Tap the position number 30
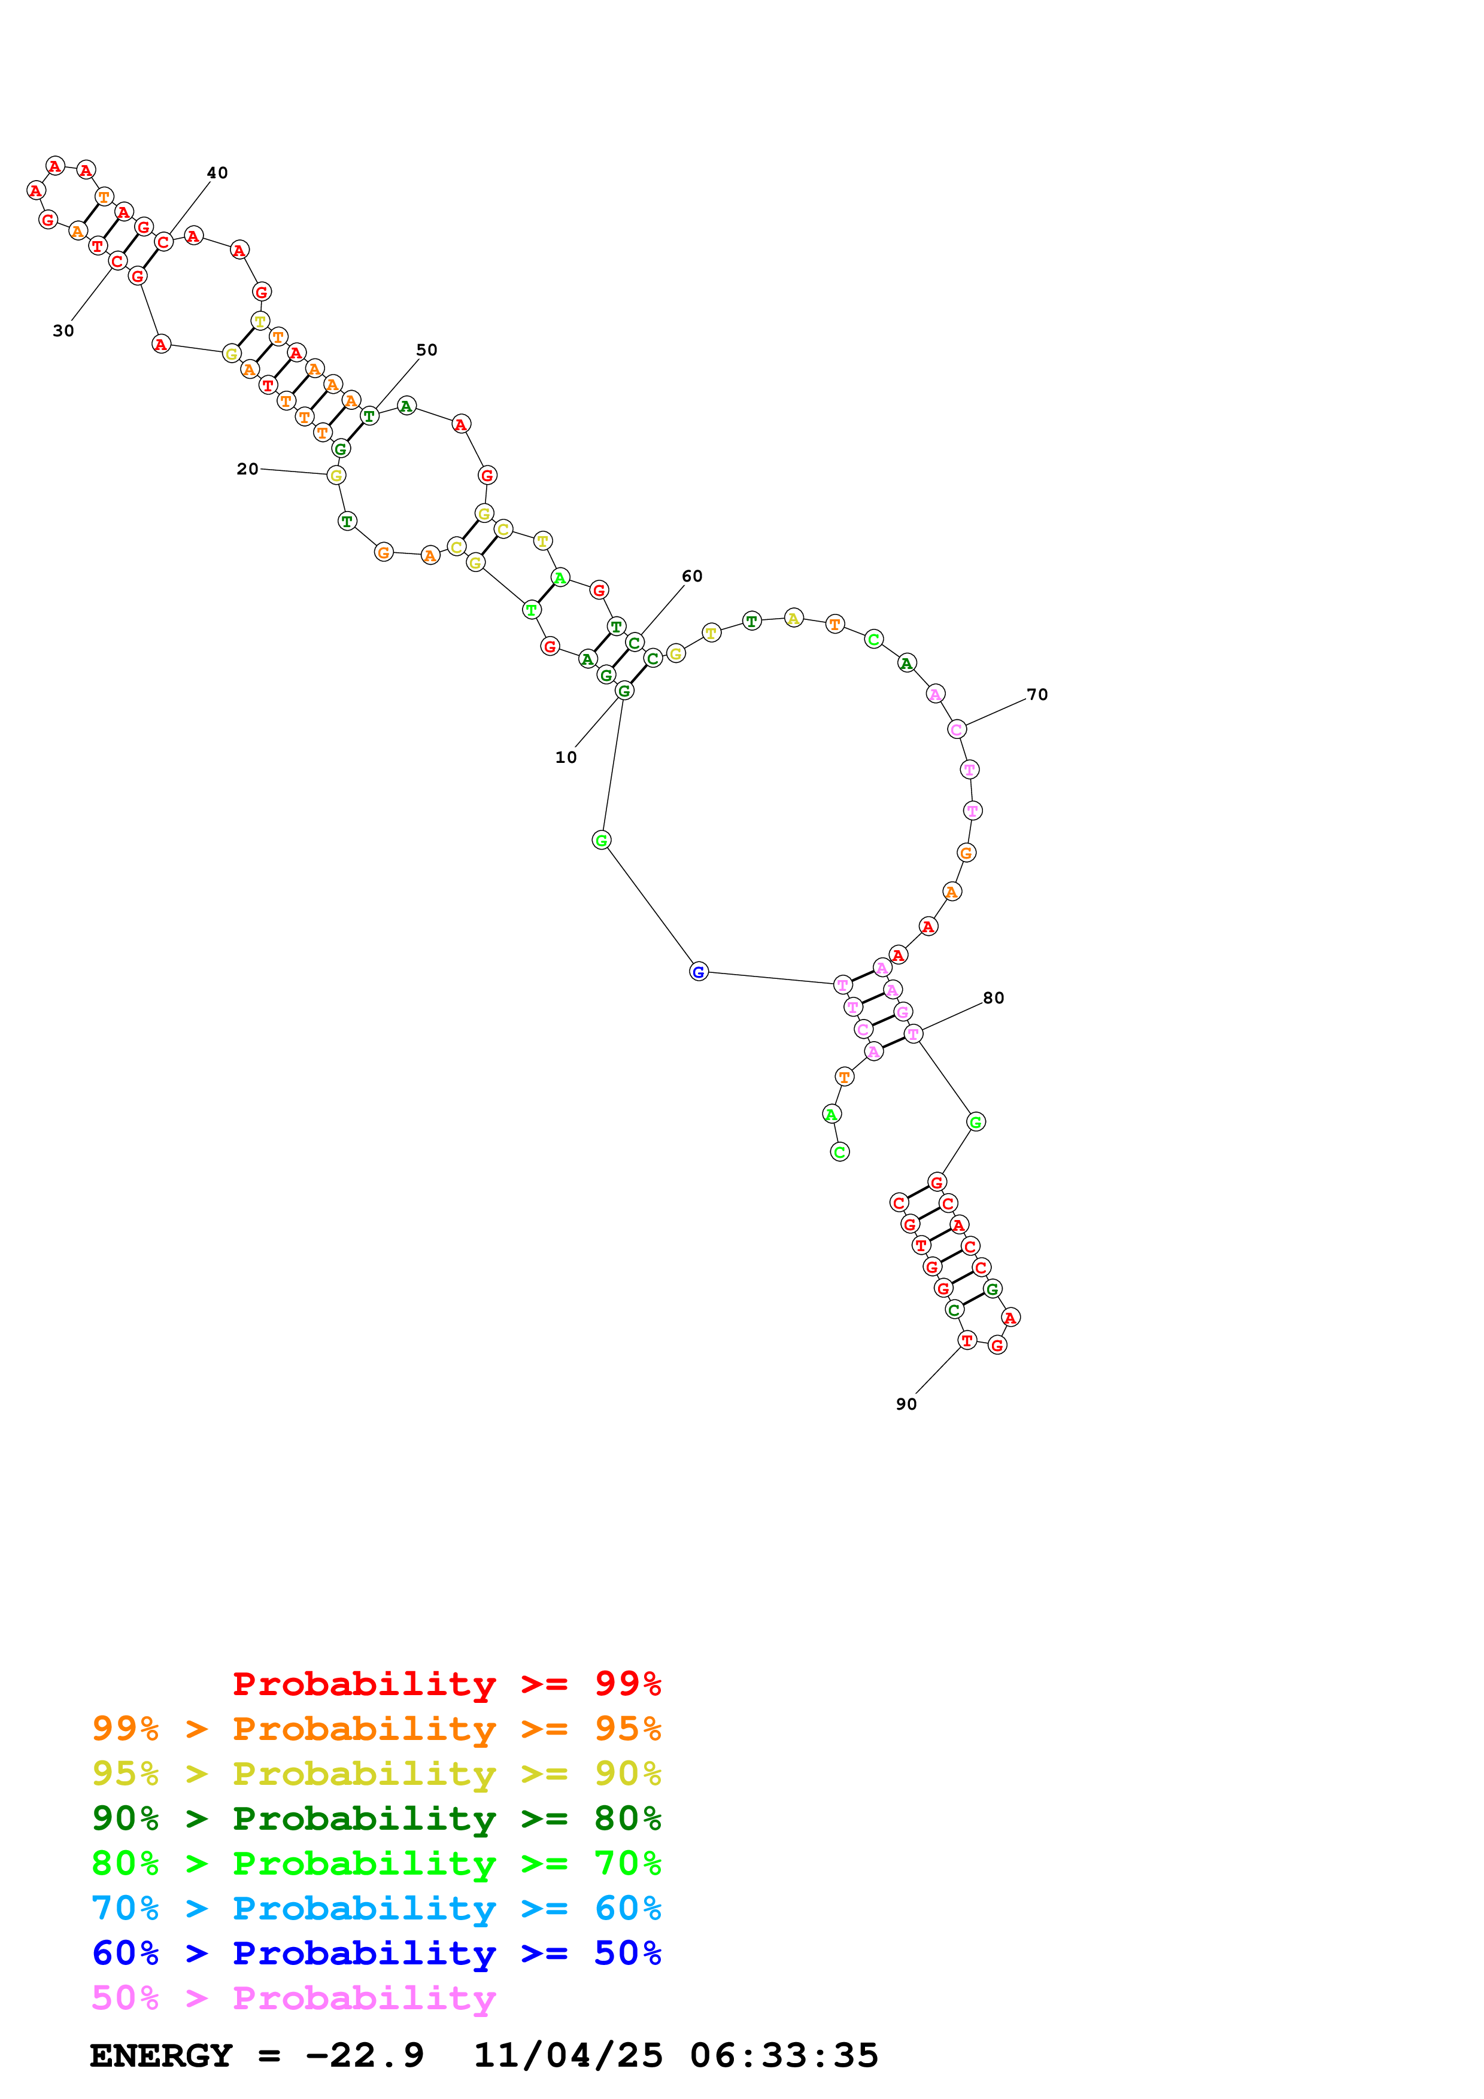tap(63, 331)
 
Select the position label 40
tap(217, 173)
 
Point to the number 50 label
tap(427, 350)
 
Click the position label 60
tap(692, 576)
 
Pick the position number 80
tap(994, 998)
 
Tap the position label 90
tap(906, 1404)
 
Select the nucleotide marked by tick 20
tap(336, 475)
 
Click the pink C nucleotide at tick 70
tap(957, 729)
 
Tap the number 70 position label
tap(1037, 695)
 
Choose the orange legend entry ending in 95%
tap(377, 1729)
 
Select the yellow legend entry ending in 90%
tap(377, 1773)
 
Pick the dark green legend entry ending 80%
tap(377, 1818)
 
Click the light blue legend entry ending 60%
tap(377, 1908)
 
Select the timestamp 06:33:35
tap(784, 2055)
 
